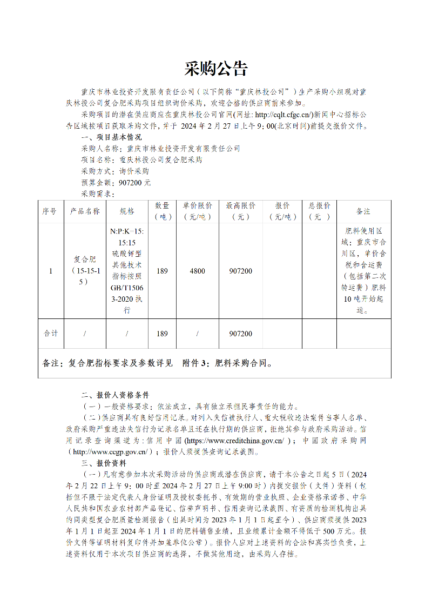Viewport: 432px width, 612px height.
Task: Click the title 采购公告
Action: [215, 69]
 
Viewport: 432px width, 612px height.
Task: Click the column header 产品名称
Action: [85, 211]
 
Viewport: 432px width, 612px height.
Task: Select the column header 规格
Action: [127, 211]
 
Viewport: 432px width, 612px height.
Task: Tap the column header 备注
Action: [363, 211]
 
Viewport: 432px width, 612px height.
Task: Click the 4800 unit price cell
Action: [197, 271]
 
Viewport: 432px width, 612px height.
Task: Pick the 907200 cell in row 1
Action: [240, 271]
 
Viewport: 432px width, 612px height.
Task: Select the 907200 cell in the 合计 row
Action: [240, 334]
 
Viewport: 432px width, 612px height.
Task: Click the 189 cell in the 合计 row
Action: [162, 334]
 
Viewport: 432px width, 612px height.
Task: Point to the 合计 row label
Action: [51, 334]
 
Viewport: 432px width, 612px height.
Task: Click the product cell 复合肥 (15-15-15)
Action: [85, 271]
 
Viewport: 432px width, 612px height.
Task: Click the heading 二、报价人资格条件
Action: [114, 395]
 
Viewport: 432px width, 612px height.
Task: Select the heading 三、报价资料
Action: [103, 463]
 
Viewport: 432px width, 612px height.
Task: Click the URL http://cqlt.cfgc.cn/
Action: [283, 115]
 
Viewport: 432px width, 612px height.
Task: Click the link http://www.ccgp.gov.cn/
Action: [110, 452]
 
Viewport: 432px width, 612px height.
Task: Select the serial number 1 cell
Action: [51, 271]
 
